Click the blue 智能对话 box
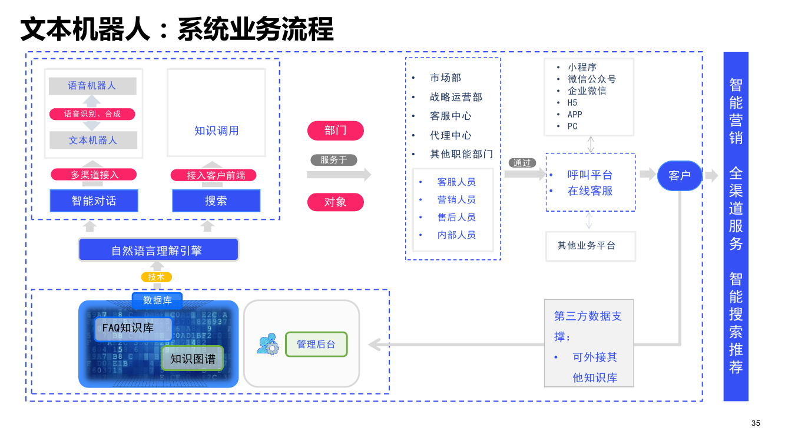(94, 201)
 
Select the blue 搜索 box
(216, 201)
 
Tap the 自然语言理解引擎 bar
(158, 250)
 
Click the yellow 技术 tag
(157, 277)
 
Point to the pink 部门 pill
(335, 131)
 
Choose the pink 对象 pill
(335, 202)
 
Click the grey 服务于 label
(334, 160)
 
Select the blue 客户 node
(680, 175)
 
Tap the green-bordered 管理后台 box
(316, 345)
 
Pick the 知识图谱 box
(193, 358)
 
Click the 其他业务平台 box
(590, 246)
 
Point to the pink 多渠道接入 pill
(94, 175)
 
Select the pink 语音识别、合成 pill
(92, 114)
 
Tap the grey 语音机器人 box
(92, 86)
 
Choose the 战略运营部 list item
(456, 97)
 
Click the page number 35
(756, 423)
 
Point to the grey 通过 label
(522, 163)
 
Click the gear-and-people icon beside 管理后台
(267, 345)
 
